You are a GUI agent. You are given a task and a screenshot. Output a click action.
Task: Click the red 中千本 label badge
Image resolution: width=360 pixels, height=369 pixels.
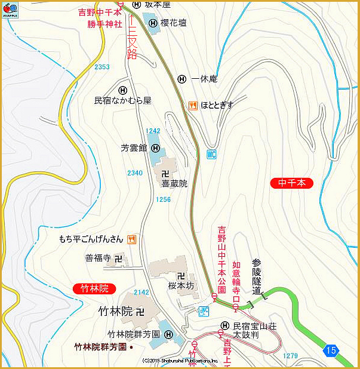291,183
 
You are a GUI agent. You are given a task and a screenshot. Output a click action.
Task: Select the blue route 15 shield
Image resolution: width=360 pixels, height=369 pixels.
331,350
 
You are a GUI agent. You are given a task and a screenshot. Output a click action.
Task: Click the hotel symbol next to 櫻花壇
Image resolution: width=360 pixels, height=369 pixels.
153,23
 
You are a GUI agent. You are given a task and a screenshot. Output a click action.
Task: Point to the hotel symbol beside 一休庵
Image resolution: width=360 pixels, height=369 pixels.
182,79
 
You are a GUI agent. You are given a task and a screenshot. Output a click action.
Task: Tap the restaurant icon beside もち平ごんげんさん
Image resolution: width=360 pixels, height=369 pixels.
132,239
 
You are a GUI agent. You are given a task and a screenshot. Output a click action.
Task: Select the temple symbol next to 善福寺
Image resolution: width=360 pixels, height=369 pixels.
118,259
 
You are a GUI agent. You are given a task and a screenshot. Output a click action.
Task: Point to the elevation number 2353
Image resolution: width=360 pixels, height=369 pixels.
102,67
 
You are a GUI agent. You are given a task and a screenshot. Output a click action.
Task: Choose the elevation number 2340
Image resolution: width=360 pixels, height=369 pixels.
135,173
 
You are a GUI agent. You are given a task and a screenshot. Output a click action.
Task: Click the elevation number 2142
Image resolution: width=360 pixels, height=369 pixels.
141,293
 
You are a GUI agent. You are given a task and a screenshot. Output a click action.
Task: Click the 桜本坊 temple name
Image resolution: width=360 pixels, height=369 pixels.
181,286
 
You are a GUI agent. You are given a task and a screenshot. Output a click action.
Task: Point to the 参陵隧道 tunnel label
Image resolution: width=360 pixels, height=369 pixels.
257,276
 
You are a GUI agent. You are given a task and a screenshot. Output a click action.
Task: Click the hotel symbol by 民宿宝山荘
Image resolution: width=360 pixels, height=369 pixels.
224,326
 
